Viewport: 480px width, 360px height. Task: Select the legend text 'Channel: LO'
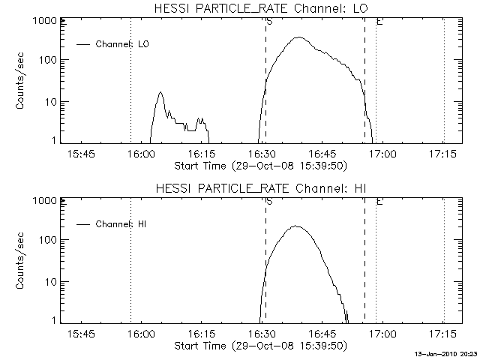(x=124, y=44)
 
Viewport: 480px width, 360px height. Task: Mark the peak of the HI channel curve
(x=295, y=226)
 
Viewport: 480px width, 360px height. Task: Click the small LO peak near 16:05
(x=160, y=93)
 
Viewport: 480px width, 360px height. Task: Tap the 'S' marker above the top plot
(x=268, y=22)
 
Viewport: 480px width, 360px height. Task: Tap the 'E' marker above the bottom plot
(x=379, y=202)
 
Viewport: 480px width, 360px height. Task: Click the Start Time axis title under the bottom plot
(x=259, y=346)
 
